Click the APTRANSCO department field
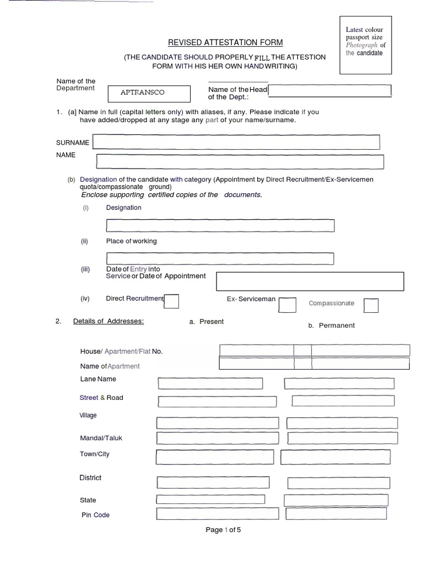(x=149, y=93)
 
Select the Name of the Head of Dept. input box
(x=329, y=91)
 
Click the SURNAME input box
(x=236, y=142)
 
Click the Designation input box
(x=220, y=225)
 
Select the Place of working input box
(x=220, y=258)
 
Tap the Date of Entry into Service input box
(x=310, y=281)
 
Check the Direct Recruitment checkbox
(x=172, y=301)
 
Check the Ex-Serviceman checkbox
(x=287, y=305)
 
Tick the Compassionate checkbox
(x=371, y=305)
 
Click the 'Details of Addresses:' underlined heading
(x=109, y=321)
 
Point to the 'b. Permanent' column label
(x=332, y=325)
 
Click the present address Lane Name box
(x=210, y=383)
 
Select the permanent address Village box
(x=341, y=423)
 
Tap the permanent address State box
(x=336, y=500)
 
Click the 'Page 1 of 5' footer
(x=223, y=530)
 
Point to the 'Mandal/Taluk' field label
(x=101, y=438)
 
